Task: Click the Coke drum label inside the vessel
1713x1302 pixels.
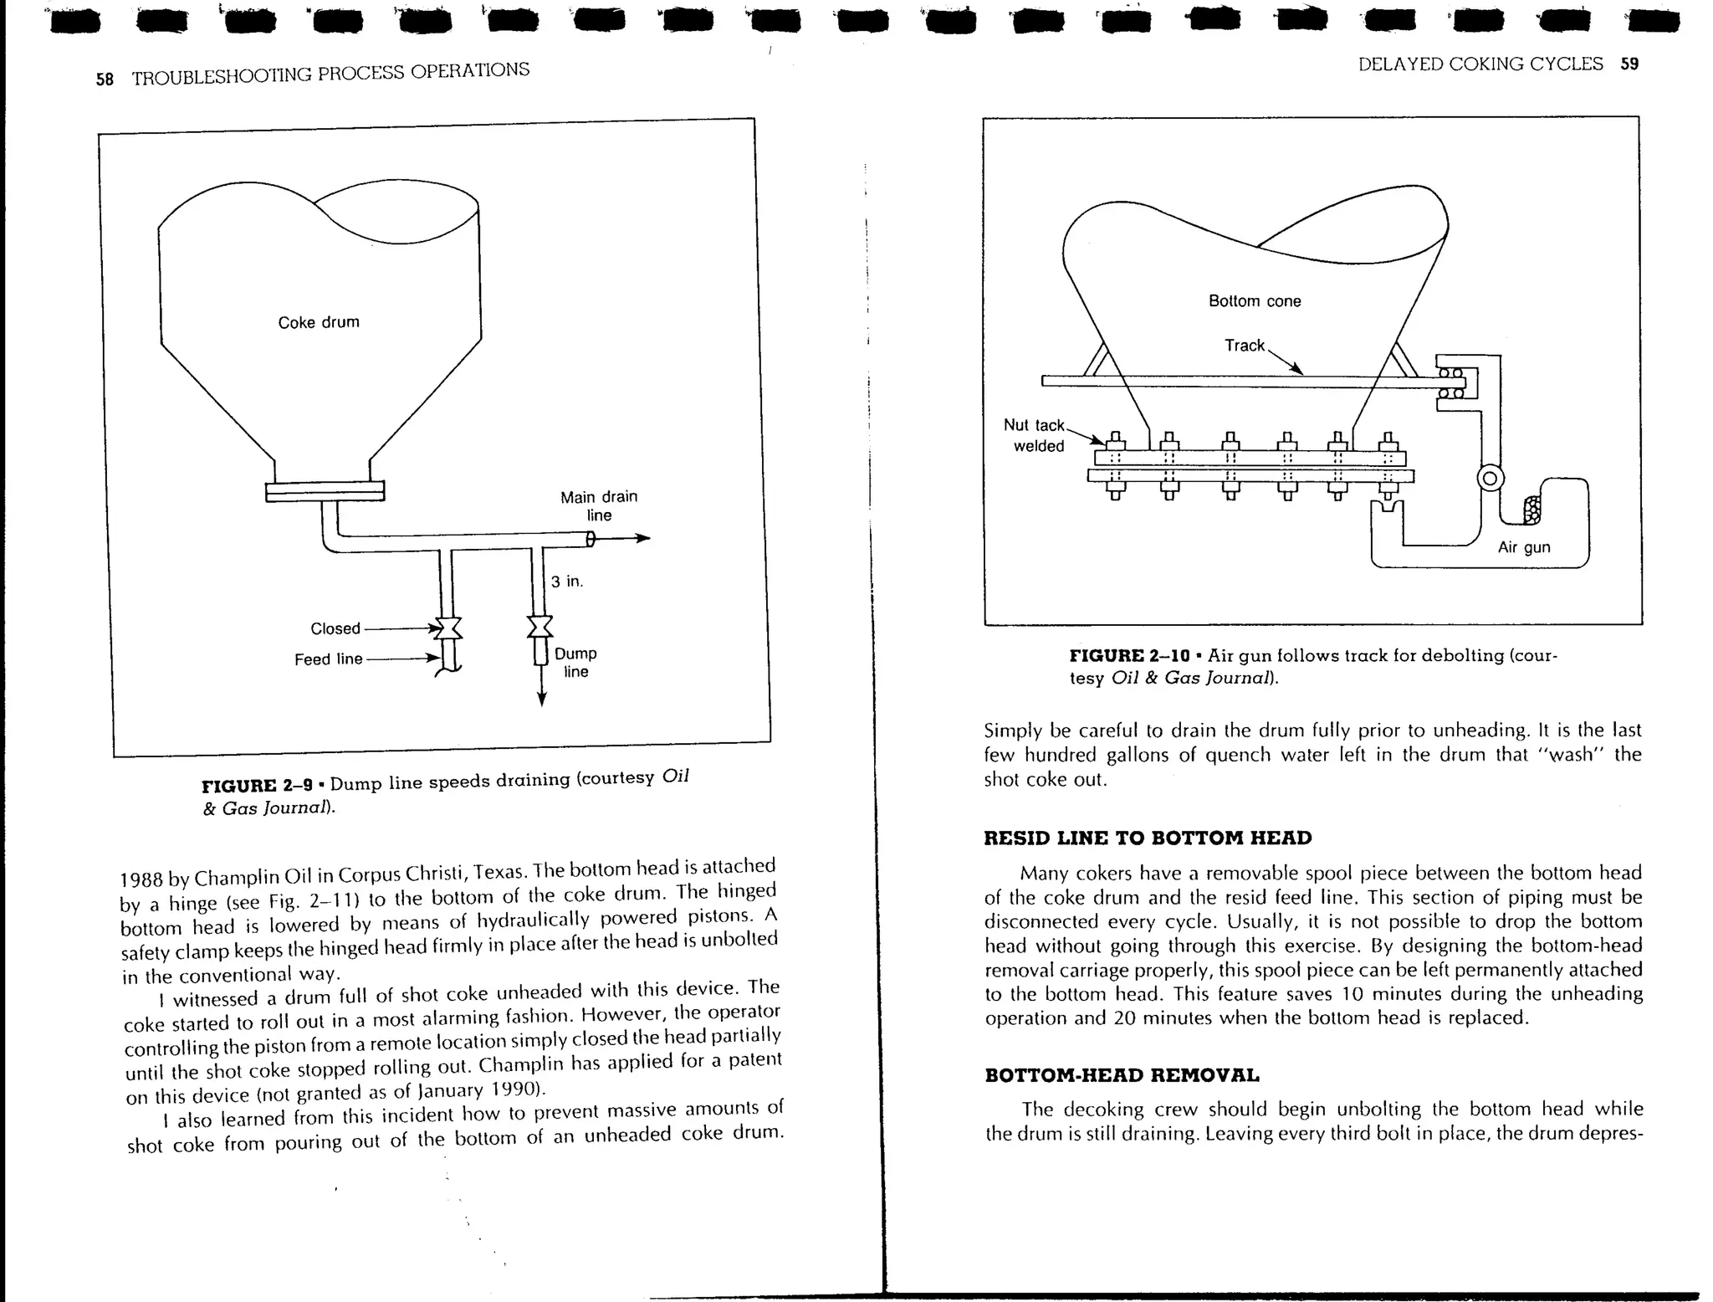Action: click(319, 322)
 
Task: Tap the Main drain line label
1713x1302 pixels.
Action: click(599, 505)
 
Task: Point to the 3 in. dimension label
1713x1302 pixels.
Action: click(567, 581)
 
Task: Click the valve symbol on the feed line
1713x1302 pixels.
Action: click(446, 628)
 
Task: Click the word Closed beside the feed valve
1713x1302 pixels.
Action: click(335, 628)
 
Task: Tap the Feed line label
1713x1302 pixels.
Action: click(328, 659)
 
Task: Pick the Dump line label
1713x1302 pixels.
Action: click(575, 662)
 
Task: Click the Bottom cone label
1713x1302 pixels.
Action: click(1255, 301)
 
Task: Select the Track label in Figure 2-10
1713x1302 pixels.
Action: click(1244, 346)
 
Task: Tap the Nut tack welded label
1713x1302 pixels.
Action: click(1035, 435)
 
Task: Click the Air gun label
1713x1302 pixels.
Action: click(1524, 547)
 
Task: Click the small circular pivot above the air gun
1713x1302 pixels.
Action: click(1491, 479)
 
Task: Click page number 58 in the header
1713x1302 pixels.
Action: click(105, 79)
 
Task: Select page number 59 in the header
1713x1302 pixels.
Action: click(1629, 64)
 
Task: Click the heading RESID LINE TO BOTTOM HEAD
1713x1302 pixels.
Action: click(1148, 838)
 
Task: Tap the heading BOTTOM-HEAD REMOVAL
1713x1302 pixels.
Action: click(1122, 1075)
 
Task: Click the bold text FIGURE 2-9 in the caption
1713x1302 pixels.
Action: click(258, 785)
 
